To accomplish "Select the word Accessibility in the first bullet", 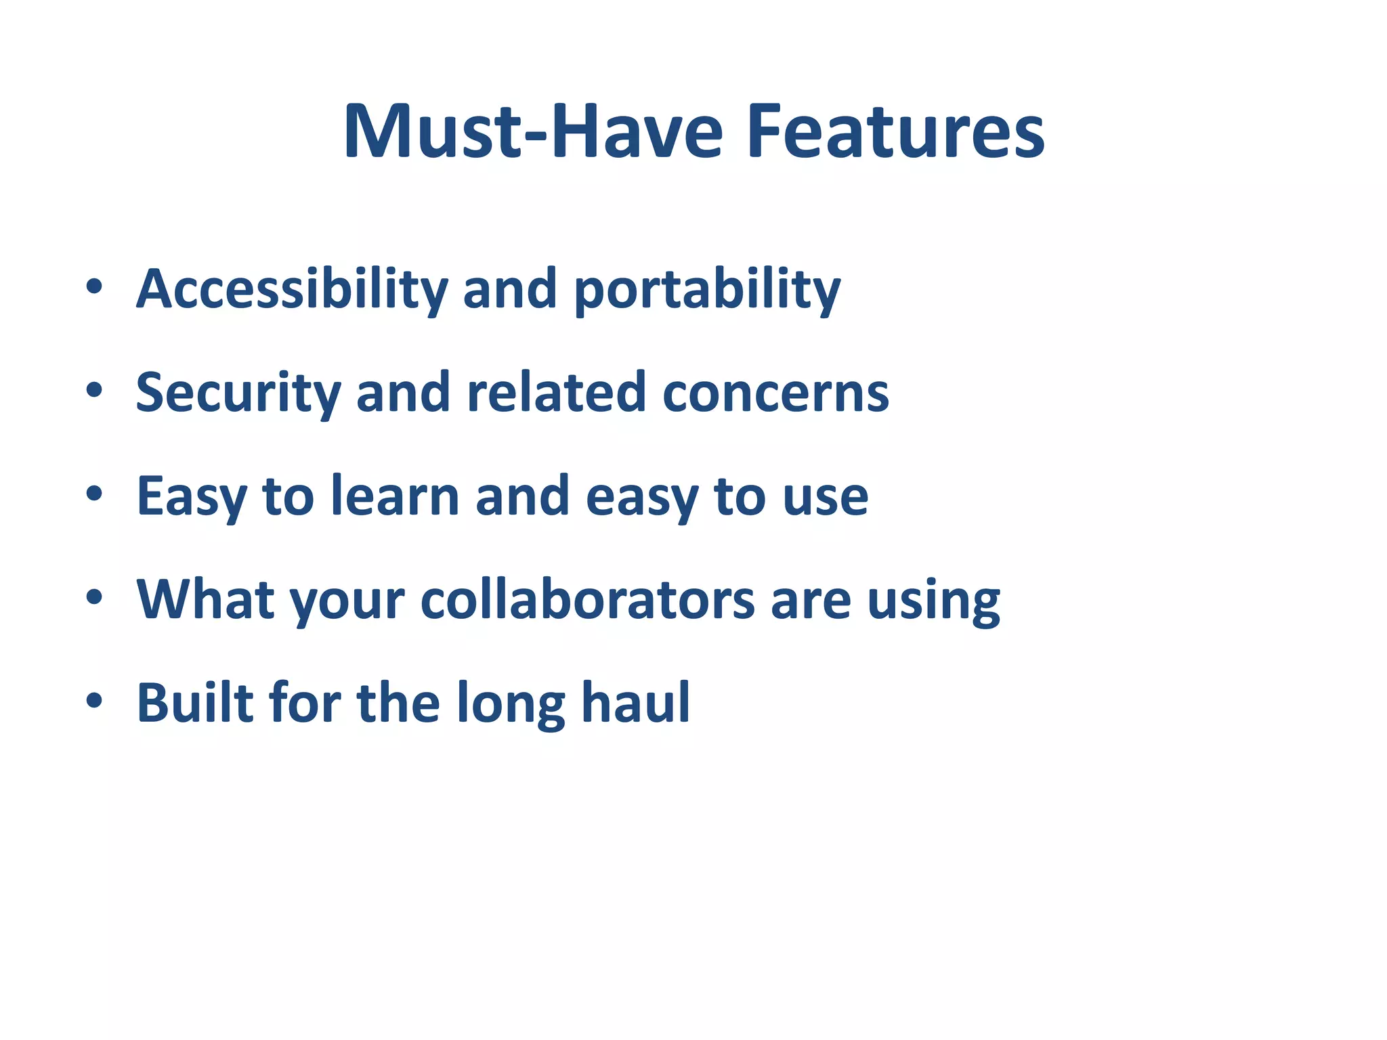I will (292, 289).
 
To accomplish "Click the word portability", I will (707, 291).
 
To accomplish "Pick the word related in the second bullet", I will (556, 393).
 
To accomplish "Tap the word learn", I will (395, 496).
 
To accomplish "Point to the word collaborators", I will (587, 599).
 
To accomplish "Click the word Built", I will (195, 702).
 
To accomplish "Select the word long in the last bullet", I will (511, 704).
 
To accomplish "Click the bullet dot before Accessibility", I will (94, 286).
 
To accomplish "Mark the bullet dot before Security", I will (94, 390).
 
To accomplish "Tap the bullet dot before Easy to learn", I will (94, 494).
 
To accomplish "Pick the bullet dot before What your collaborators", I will (94, 597).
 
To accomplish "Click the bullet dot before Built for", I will (94, 701).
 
